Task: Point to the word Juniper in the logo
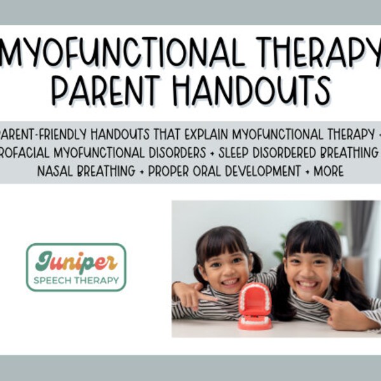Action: click(75, 260)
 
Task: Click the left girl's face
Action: click(226, 267)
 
